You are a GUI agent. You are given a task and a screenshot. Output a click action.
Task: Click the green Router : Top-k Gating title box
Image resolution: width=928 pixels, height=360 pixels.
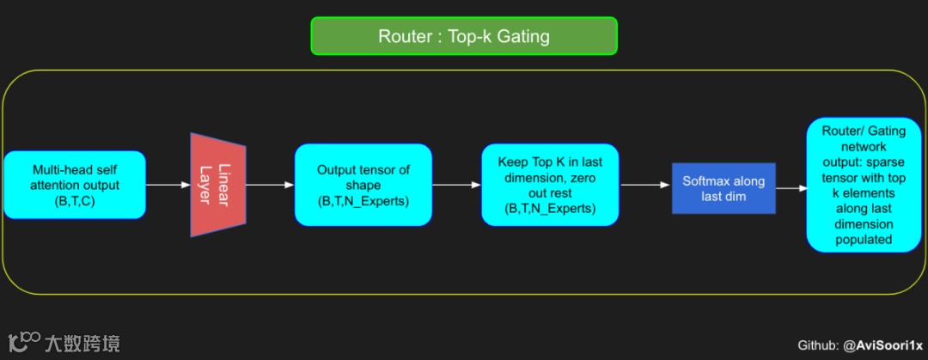coord(464,36)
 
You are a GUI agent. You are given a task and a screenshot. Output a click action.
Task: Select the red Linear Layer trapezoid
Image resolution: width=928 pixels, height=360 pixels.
coord(218,185)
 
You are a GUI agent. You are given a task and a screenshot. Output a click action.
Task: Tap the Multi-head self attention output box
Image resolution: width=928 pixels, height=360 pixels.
coord(75,185)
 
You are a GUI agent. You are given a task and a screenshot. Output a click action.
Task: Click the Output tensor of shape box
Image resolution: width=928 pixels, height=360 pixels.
coord(363,185)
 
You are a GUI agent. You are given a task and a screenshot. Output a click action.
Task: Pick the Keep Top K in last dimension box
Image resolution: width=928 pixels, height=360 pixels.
coord(550,185)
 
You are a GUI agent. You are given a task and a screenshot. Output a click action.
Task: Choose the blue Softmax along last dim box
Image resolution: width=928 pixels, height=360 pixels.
coord(723,188)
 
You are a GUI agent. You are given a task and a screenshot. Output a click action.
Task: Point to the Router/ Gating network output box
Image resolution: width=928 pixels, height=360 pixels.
coord(864,185)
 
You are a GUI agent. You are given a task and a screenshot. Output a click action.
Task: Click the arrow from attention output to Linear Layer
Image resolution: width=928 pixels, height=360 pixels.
coord(168,185)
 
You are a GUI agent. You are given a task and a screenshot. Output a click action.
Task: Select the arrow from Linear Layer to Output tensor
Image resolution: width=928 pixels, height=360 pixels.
coord(270,185)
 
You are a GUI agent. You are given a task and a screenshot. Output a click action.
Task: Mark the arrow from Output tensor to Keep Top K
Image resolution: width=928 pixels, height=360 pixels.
coord(456,185)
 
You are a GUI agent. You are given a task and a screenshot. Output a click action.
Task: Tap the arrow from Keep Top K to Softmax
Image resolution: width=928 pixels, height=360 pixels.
coord(645,185)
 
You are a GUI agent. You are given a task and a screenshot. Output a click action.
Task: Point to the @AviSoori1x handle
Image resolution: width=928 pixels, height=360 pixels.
coord(882,345)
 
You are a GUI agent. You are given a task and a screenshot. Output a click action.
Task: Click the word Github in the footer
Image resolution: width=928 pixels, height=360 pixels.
coord(817,345)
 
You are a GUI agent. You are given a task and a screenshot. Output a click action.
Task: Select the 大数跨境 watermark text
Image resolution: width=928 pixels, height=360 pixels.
coord(82,344)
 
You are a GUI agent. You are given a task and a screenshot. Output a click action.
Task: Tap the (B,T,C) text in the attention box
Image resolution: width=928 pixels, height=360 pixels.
coord(76,200)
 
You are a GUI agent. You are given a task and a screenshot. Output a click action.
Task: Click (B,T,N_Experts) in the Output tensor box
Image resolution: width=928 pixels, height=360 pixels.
coord(363,201)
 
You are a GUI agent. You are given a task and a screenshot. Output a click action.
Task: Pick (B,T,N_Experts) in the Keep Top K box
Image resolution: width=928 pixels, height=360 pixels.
coord(550,209)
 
